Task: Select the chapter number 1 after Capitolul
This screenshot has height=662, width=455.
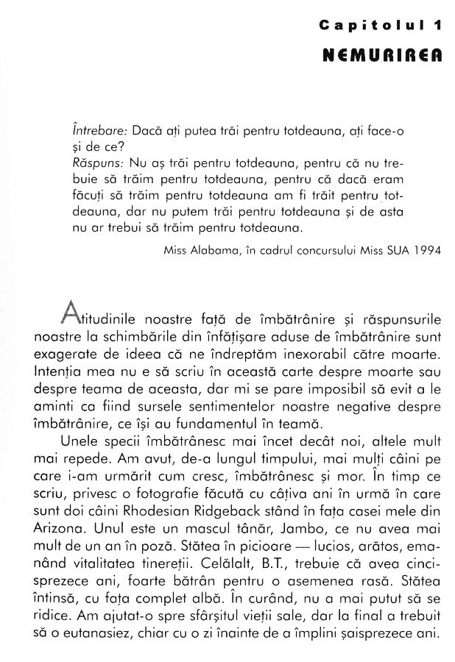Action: tap(437, 26)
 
